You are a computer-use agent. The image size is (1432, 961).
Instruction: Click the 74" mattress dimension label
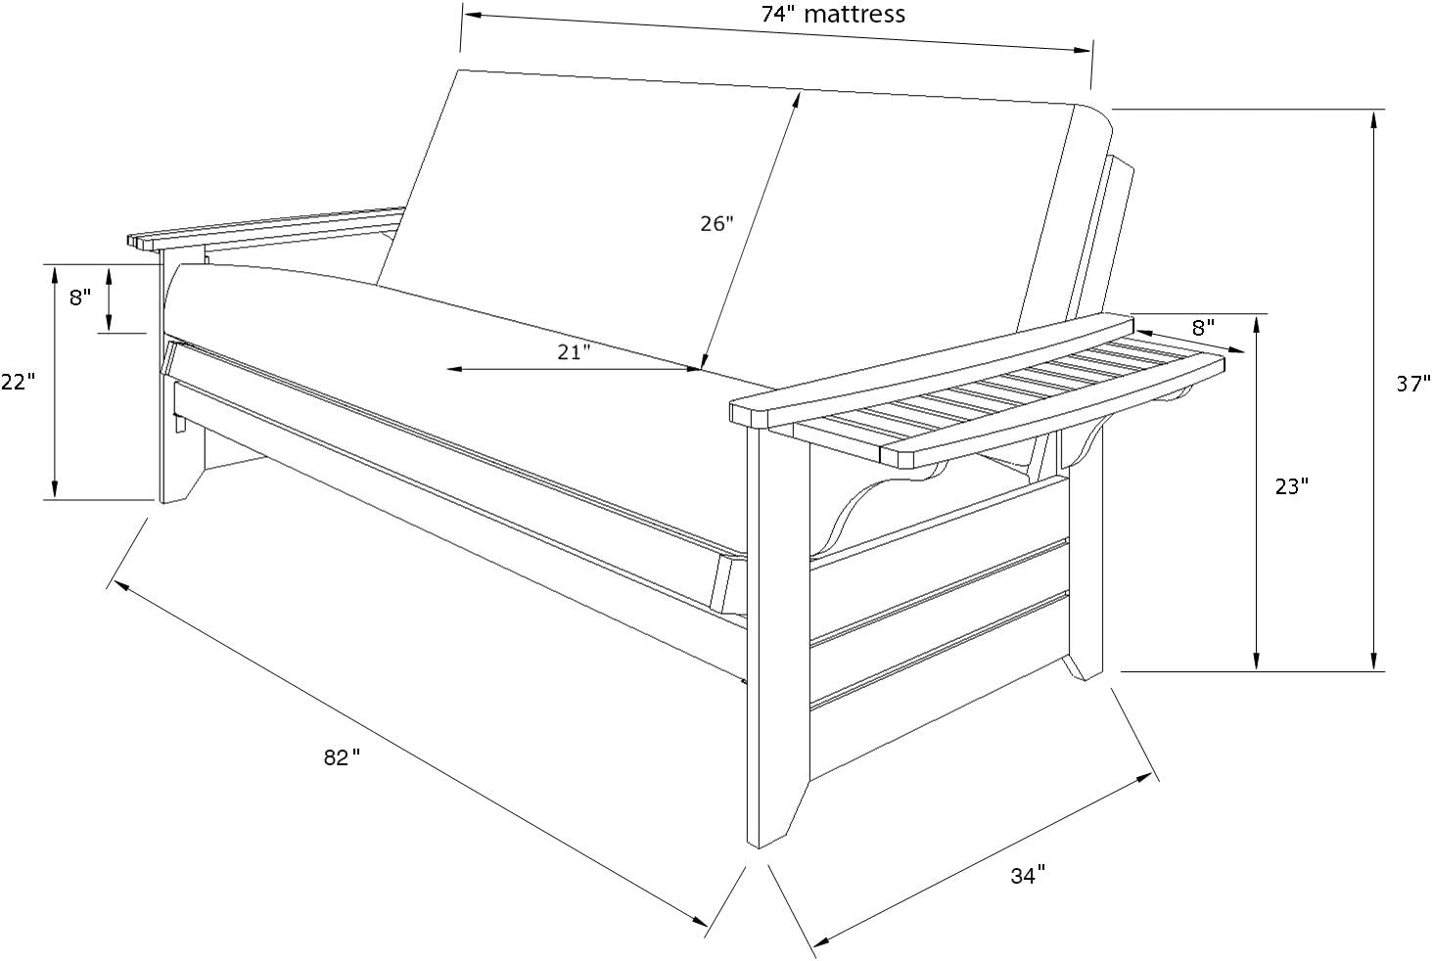[x=833, y=14]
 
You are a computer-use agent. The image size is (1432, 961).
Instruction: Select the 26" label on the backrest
[x=716, y=224]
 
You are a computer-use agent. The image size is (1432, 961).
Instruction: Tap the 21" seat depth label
[x=575, y=352]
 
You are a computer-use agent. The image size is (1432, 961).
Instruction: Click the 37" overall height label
[x=1412, y=385]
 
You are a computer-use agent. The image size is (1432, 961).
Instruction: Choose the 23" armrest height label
[x=1291, y=486]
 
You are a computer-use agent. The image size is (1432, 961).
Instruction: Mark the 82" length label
[x=342, y=757]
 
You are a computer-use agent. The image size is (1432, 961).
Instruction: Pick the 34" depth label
[x=1028, y=876]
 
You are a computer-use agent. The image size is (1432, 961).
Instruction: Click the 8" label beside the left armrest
[x=80, y=297]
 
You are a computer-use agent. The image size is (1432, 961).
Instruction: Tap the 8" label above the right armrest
[x=1203, y=325]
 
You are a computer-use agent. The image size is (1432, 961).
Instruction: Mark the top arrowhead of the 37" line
[x=1375, y=117]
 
